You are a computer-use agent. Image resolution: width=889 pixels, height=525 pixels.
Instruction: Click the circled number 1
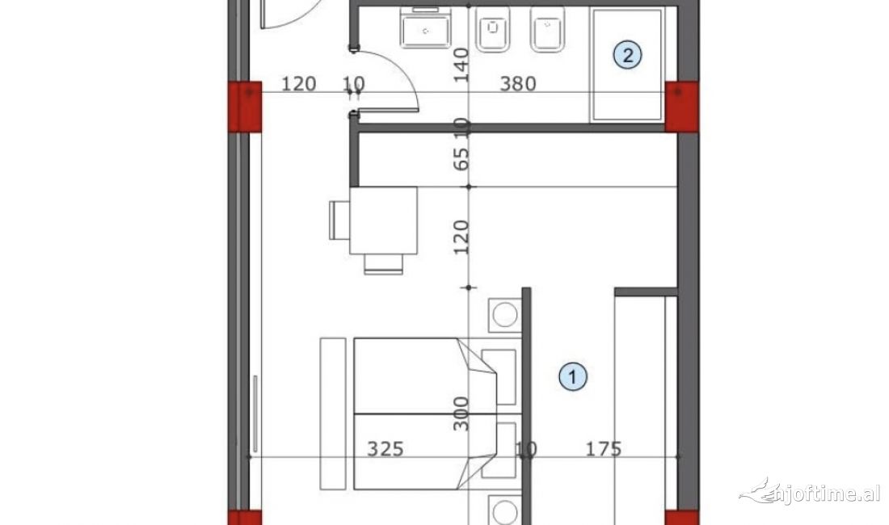[573, 376]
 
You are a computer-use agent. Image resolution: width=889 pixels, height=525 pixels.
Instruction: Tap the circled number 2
[628, 55]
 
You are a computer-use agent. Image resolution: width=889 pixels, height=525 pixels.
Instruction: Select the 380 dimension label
[518, 83]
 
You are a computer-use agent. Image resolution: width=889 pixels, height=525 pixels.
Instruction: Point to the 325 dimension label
[385, 449]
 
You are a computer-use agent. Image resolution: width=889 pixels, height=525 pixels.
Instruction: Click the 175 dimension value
[605, 449]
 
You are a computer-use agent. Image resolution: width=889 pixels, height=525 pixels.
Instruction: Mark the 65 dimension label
[461, 157]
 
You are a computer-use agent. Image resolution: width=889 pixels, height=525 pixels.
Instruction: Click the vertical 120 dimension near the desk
[461, 237]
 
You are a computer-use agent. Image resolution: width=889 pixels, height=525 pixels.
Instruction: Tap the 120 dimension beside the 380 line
[298, 83]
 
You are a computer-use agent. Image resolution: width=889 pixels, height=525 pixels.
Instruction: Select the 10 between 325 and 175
[526, 449]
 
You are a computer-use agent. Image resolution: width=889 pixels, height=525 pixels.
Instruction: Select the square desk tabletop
[383, 220]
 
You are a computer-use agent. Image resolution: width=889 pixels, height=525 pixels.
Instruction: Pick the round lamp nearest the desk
[505, 314]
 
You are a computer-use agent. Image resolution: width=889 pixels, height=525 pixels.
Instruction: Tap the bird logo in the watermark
[758, 490]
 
